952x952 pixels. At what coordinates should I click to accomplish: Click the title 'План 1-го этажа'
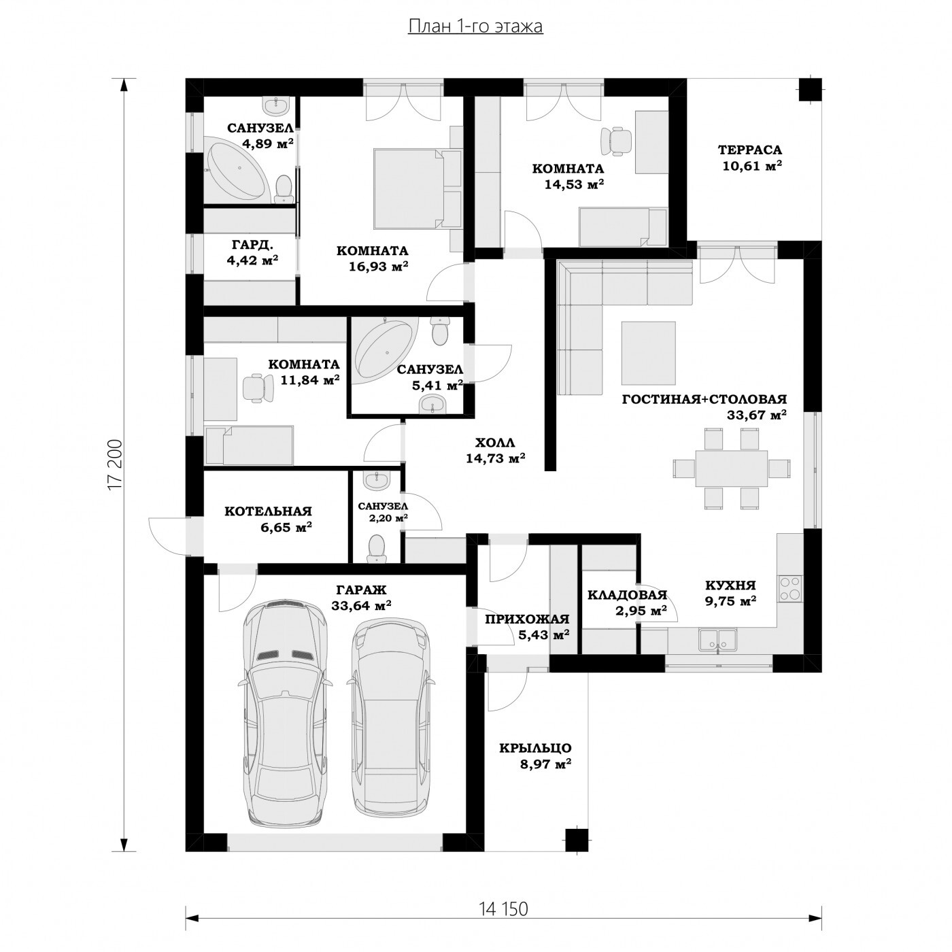coord(475,27)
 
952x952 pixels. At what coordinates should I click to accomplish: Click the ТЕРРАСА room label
coord(750,149)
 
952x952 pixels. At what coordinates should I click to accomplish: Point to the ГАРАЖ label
coord(362,590)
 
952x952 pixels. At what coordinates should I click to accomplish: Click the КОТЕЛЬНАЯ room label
coord(268,511)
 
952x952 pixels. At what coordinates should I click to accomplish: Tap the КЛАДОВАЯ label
coord(628,595)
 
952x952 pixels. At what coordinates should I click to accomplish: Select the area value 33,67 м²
coord(756,415)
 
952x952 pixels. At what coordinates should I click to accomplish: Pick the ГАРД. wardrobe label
coord(252,244)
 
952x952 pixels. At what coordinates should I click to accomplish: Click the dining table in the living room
coord(732,468)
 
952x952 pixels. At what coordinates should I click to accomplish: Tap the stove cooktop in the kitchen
coord(790,588)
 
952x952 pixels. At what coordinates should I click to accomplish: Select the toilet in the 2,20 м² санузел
coord(378,549)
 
